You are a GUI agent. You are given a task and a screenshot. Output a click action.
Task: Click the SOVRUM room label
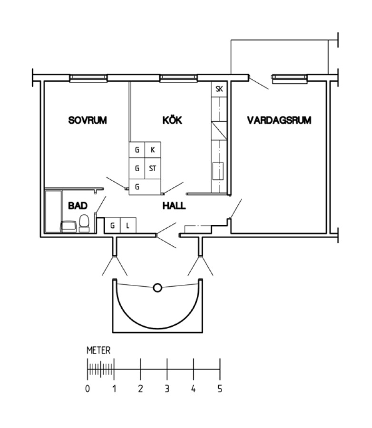[88, 120]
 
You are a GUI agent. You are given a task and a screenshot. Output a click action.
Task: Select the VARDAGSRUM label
[279, 120]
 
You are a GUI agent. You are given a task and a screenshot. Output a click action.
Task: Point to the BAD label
[78, 205]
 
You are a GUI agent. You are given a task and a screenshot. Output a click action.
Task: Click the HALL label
[174, 205]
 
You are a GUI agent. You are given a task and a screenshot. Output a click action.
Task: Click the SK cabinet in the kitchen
[219, 89]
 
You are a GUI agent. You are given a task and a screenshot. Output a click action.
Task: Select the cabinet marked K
[153, 150]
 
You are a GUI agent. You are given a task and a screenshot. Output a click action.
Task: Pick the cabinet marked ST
[153, 168]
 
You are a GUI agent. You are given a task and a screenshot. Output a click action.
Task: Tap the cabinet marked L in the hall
[128, 225]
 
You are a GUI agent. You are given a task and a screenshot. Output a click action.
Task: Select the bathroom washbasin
[69, 226]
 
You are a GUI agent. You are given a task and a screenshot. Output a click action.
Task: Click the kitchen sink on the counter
[218, 171]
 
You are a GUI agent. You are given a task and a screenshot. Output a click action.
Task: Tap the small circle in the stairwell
[157, 288]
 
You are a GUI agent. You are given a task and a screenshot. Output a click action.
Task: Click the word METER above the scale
[98, 350]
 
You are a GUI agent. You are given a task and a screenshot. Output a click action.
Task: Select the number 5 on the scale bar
[220, 389]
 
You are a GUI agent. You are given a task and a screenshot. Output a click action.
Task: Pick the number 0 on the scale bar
[88, 389]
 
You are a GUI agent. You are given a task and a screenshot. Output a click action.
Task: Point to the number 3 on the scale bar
[167, 389]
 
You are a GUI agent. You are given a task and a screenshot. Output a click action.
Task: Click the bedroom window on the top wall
[88, 78]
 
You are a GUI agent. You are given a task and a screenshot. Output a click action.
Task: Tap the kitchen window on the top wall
[178, 78]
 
